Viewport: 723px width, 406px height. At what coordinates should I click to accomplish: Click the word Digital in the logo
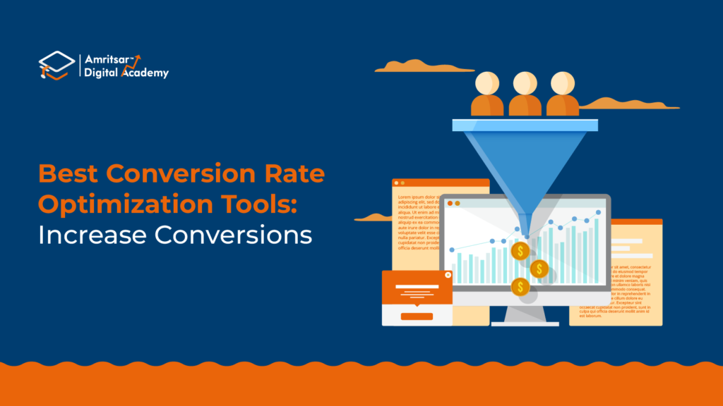click(x=102, y=72)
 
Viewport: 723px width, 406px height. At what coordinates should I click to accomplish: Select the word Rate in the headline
click(x=292, y=174)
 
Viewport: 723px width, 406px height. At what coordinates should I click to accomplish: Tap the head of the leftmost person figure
click(x=486, y=82)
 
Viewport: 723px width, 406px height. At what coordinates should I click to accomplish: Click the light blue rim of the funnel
click(x=525, y=125)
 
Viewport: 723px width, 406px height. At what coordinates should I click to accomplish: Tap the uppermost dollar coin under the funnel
click(x=521, y=251)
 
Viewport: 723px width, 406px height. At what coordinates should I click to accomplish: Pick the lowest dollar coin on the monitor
click(x=520, y=287)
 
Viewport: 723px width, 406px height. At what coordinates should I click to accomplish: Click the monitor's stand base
click(x=525, y=324)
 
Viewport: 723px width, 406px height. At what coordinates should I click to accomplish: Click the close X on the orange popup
click(x=447, y=276)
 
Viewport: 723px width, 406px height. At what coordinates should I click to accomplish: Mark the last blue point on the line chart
click(x=599, y=211)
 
